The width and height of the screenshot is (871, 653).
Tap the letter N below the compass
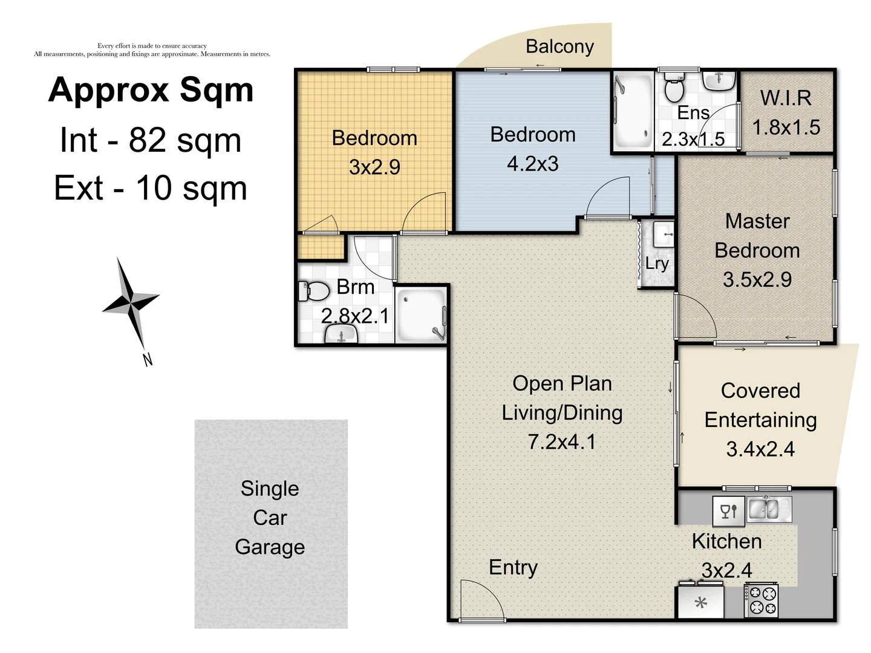coord(148,360)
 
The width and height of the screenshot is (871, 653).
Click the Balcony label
coord(559,47)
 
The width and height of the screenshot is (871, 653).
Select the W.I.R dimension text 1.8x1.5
coord(786,128)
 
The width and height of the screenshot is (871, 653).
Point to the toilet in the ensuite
coord(674,87)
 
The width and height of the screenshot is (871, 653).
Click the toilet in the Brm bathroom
coord(313,291)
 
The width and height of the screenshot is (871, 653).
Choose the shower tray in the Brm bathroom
coord(420,315)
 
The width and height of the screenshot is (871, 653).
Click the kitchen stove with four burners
coord(761,600)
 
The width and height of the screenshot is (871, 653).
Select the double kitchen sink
coord(769,508)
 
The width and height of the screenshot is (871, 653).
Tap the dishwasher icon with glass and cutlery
coord(728,512)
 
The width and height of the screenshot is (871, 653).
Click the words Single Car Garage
coord(270,518)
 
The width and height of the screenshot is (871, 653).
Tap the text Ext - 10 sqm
coord(151,188)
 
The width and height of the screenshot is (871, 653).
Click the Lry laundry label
coord(657,264)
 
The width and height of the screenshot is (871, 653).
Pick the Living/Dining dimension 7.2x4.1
coord(562,441)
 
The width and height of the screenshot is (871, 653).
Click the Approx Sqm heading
coord(151,91)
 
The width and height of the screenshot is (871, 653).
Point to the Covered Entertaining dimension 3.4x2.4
coord(760,449)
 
